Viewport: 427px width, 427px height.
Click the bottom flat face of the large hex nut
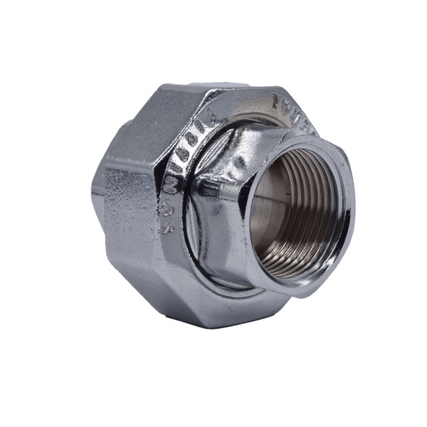tap(213, 306)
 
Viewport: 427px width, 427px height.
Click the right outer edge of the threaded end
tap(352, 213)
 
